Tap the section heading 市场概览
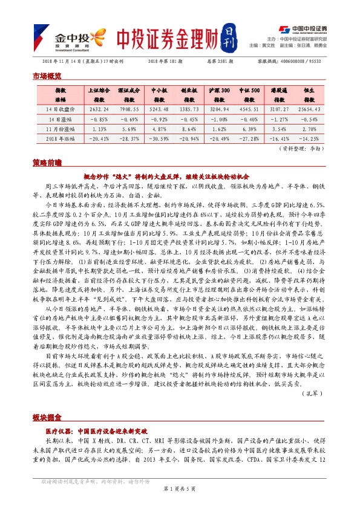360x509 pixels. pos(47,76)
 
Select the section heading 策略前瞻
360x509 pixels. pos(47,163)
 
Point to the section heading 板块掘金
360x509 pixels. pos(47,419)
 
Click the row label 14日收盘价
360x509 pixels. pos(61,109)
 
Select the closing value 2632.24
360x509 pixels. pos(98,109)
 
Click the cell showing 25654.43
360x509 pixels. pos(309,109)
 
